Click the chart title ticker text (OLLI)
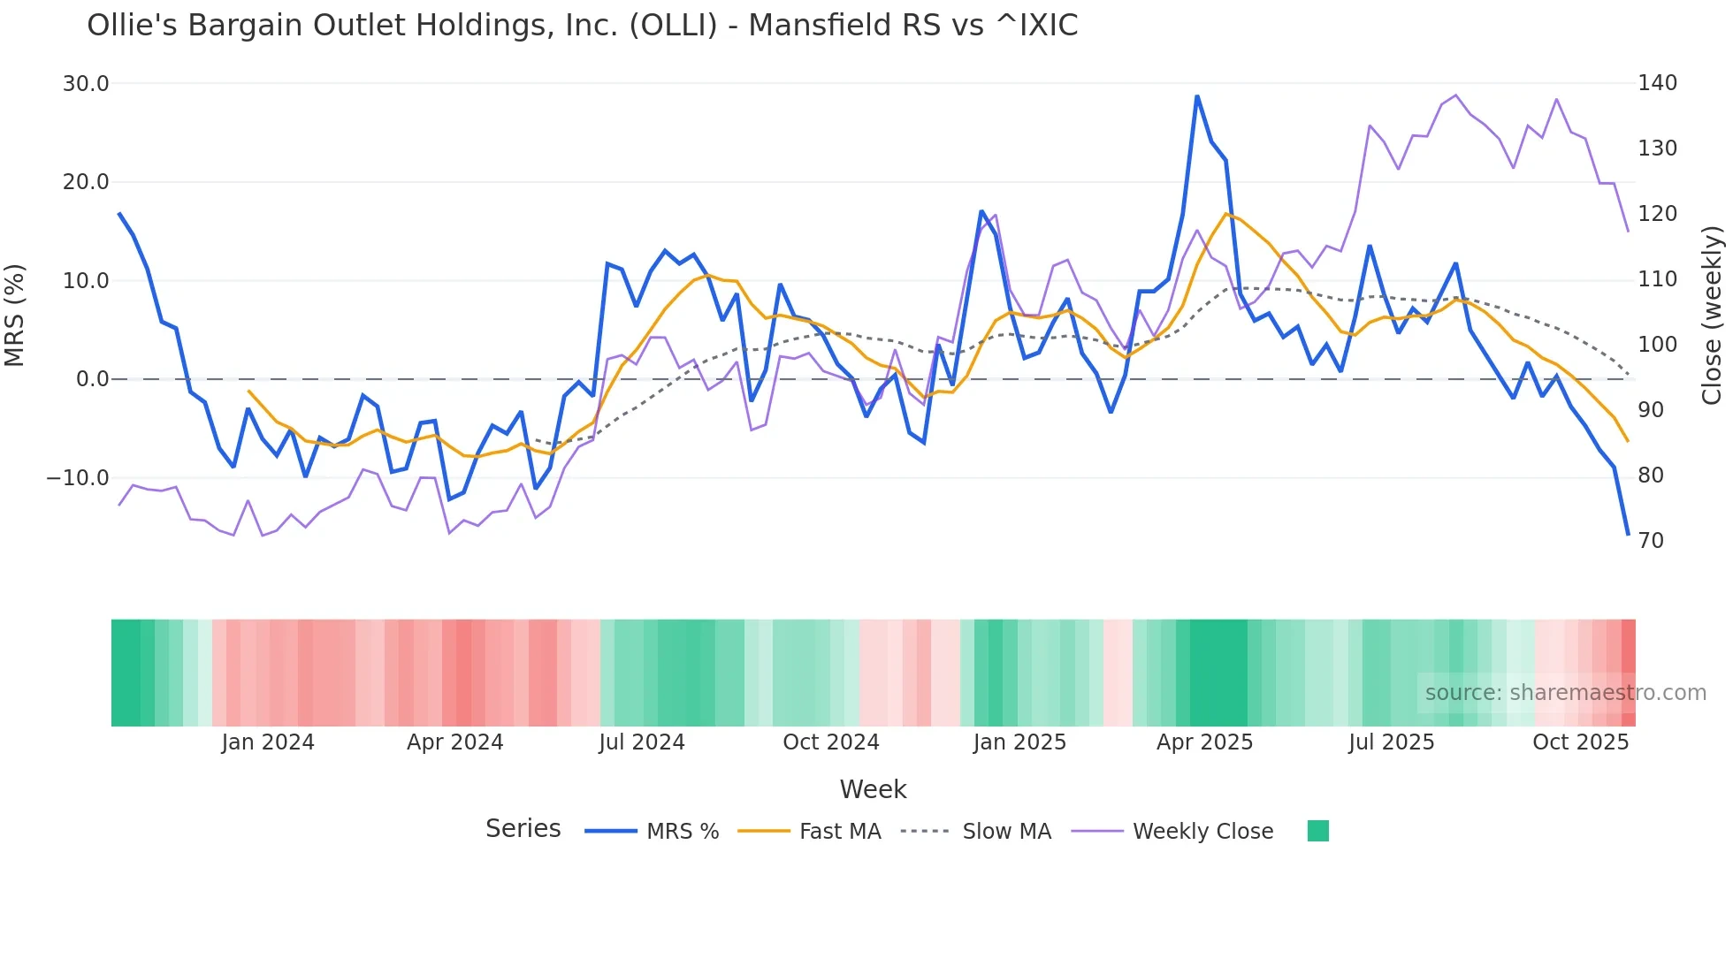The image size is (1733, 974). [x=673, y=26]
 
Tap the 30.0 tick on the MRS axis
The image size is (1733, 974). [x=85, y=84]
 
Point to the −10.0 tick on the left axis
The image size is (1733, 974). [x=78, y=478]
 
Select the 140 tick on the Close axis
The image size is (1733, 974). [x=1657, y=83]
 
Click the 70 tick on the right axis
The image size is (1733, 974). [x=1651, y=541]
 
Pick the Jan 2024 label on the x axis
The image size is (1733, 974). [x=267, y=742]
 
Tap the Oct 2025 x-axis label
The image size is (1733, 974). [x=1580, y=742]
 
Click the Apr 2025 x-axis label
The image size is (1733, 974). [x=1204, y=742]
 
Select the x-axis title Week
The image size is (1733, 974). [x=873, y=789]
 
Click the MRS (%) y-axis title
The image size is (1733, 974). [x=15, y=315]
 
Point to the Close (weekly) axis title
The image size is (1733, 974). [x=1712, y=315]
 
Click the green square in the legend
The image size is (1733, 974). [x=1317, y=831]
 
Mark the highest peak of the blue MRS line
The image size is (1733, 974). [x=1197, y=96]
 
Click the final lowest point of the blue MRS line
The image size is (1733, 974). [x=1628, y=534]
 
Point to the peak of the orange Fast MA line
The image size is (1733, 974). [x=1226, y=214]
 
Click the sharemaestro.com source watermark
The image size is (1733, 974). [x=1565, y=693]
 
